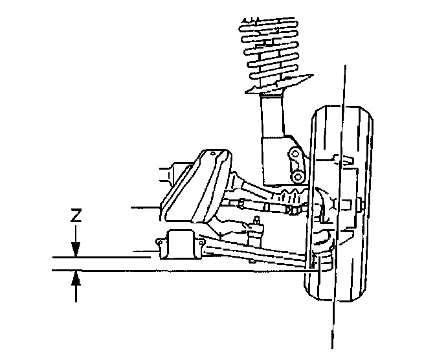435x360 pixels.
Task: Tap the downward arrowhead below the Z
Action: coord(76,251)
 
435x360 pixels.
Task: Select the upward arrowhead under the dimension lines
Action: coord(76,276)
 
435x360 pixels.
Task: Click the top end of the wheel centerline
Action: coord(345,65)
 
